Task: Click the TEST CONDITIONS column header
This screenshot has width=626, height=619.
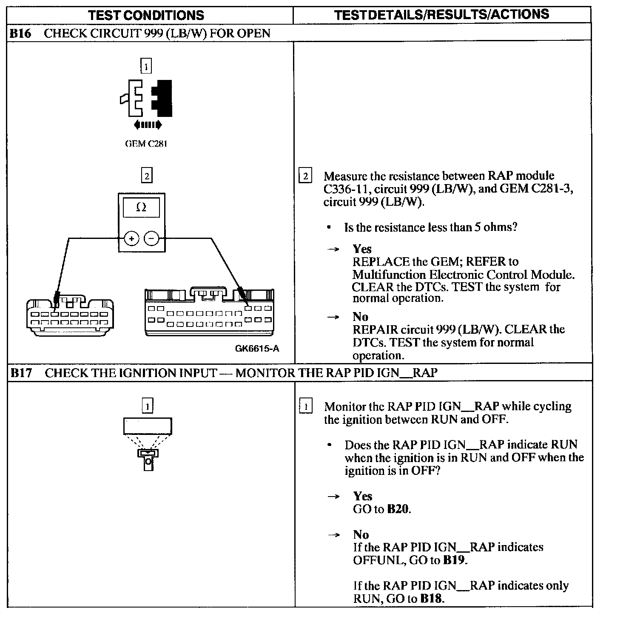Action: click(146, 16)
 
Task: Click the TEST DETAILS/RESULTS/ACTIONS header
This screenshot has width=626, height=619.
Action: click(441, 14)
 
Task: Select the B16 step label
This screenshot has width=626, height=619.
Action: click(20, 33)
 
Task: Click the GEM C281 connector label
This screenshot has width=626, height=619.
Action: click(146, 144)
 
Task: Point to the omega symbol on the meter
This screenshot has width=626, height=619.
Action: click(141, 207)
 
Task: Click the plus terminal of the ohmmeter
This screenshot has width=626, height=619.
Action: click(131, 239)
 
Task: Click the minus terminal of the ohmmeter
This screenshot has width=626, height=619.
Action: click(151, 239)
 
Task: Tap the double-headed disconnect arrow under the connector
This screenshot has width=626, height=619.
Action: click(147, 125)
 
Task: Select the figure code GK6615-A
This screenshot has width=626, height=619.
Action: click(257, 349)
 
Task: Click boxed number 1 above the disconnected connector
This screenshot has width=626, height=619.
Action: click(146, 67)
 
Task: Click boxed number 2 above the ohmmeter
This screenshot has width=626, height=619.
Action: click(146, 176)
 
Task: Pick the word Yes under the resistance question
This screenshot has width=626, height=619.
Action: click(362, 249)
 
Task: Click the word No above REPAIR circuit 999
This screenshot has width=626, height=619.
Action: click(360, 317)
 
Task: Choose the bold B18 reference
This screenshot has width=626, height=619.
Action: click(432, 599)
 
